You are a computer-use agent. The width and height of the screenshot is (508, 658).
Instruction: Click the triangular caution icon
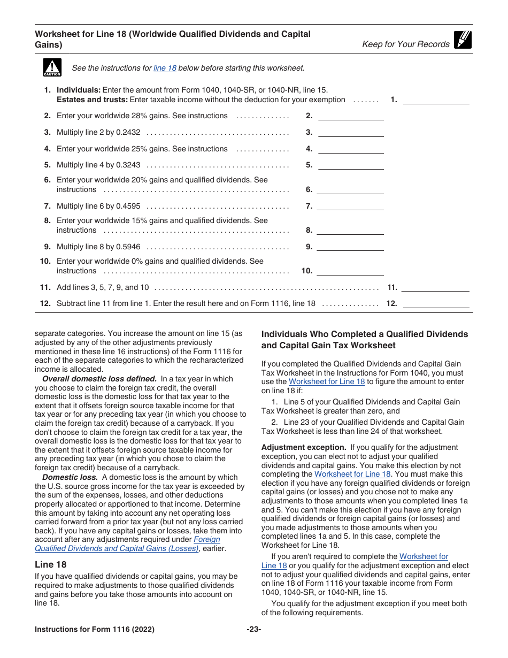(52, 67)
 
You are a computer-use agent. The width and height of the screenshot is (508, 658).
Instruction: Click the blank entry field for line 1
(435, 100)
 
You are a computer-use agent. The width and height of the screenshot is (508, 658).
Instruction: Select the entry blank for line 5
(351, 165)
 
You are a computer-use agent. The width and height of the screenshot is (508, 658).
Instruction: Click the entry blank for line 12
(435, 304)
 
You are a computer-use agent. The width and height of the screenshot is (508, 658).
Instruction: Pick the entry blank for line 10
(351, 271)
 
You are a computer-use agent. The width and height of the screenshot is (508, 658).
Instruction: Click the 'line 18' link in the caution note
(165, 68)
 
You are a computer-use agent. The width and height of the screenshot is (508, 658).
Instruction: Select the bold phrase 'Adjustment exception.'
(304, 447)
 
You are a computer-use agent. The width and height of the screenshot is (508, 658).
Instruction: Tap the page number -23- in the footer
(253, 630)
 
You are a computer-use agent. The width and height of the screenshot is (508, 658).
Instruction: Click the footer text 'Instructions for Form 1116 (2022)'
(95, 630)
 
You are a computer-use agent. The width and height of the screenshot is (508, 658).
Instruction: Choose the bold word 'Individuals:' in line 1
(79, 90)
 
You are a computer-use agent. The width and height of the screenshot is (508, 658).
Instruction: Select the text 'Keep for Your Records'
(406, 44)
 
